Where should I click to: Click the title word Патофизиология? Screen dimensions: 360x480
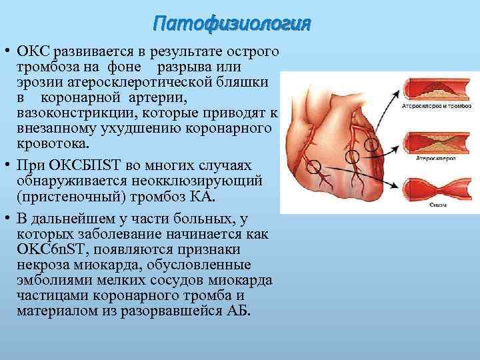pos(231,24)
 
